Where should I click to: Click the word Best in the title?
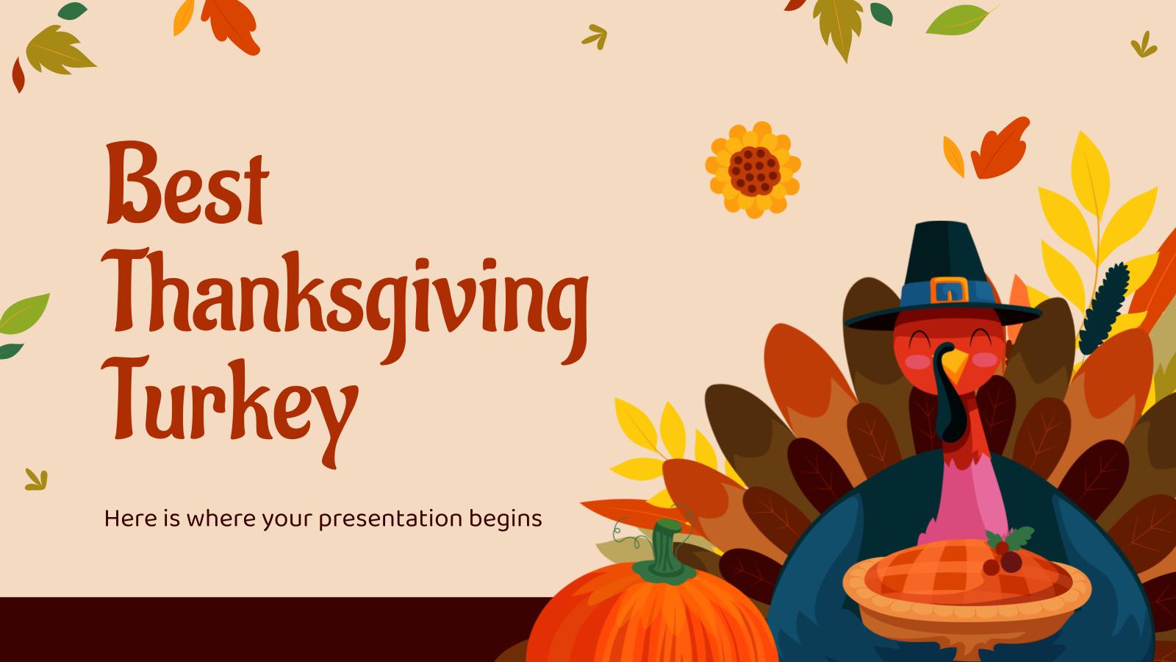point(186,177)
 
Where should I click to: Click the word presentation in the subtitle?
point(391,519)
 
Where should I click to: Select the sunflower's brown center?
point(752,168)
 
